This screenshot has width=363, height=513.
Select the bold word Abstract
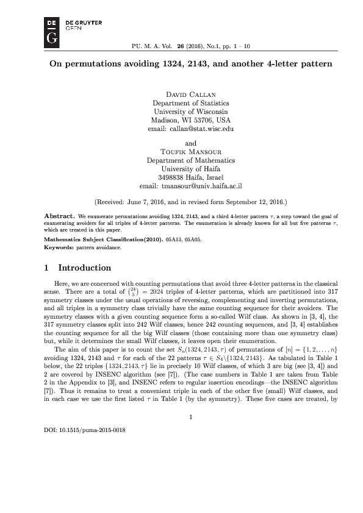60,216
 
